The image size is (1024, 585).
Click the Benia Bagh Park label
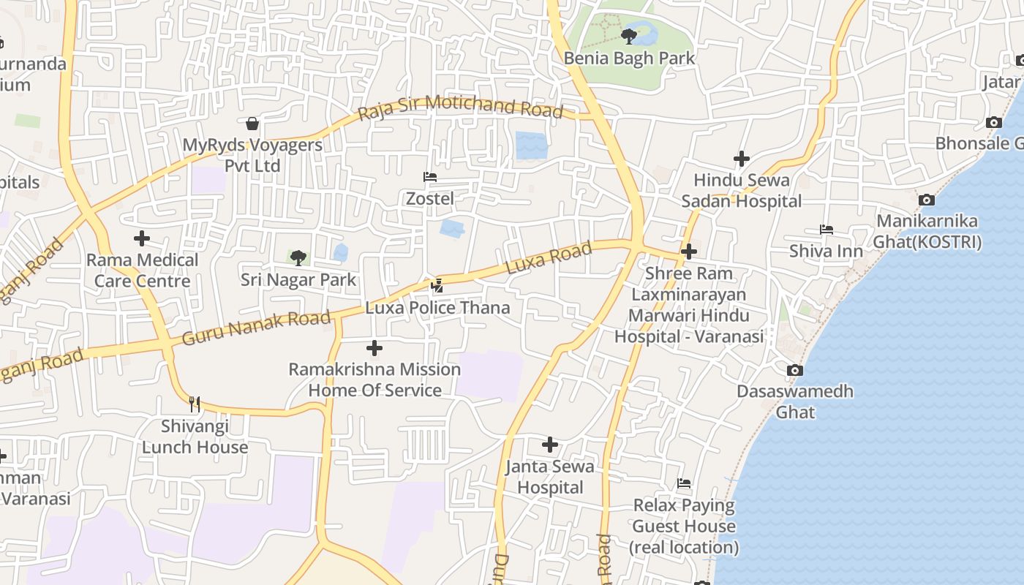(x=629, y=58)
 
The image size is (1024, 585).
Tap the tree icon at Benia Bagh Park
(x=628, y=36)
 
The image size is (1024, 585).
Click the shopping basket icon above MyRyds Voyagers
(x=252, y=123)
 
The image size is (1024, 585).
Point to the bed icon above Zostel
(x=430, y=177)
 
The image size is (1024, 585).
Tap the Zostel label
(x=430, y=198)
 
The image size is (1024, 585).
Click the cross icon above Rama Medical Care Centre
(x=142, y=238)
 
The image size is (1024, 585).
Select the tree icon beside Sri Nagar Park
(x=298, y=257)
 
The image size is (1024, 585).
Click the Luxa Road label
(x=549, y=260)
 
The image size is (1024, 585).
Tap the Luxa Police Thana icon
(x=437, y=286)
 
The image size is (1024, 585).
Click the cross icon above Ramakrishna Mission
(x=374, y=348)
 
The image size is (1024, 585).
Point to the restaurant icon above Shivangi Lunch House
(x=195, y=404)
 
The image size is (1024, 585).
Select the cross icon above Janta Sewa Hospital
(x=550, y=445)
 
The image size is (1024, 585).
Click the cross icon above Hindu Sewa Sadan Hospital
(x=742, y=159)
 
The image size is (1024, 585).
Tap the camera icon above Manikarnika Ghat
(x=927, y=200)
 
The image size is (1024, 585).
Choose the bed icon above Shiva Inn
(x=827, y=230)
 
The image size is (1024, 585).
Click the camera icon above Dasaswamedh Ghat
(x=795, y=370)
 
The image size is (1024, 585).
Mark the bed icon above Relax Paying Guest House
(x=684, y=483)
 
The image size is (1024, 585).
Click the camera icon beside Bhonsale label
(x=993, y=122)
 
